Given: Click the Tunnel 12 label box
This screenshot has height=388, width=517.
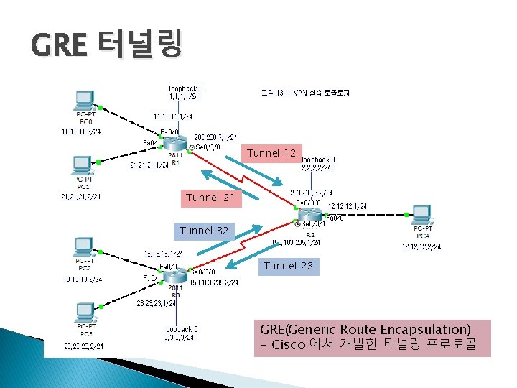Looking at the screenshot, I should [x=270, y=153].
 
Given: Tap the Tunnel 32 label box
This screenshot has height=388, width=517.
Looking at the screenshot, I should [x=204, y=231].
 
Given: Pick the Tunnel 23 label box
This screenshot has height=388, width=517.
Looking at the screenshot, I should [x=288, y=266].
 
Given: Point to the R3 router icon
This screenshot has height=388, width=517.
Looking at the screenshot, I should [x=176, y=276].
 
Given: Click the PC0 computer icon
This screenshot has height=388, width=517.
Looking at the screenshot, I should [x=85, y=101].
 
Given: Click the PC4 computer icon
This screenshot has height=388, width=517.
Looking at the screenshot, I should [x=421, y=215].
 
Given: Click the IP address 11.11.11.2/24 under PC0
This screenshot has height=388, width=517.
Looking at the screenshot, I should [x=80, y=131].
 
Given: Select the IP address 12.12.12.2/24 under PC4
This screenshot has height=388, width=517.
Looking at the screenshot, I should [x=421, y=246].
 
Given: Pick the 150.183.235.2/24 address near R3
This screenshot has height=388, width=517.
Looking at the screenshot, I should [x=214, y=282].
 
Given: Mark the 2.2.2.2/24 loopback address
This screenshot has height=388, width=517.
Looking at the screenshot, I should [x=317, y=168].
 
